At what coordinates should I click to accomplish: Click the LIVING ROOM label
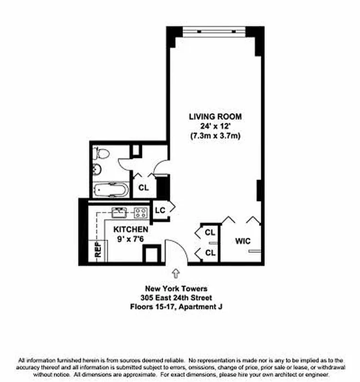(215, 117)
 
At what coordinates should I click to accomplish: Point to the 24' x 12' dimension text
(215, 126)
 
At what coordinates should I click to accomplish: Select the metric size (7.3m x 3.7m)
(215, 136)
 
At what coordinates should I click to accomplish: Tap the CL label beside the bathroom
(143, 188)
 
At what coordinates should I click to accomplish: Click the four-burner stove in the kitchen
(141, 212)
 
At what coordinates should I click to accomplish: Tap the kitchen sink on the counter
(118, 212)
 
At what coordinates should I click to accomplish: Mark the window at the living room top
(215, 30)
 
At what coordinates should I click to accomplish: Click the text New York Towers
(176, 288)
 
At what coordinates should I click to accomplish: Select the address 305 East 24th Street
(176, 297)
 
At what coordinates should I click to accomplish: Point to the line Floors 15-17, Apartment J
(176, 307)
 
